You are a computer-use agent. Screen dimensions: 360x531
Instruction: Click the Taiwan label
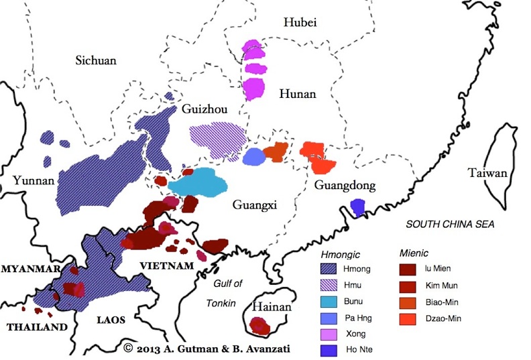(487, 174)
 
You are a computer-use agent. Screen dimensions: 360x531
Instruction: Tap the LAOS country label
(111, 320)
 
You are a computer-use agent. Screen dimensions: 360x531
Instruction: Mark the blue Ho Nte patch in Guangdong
(358, 208)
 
